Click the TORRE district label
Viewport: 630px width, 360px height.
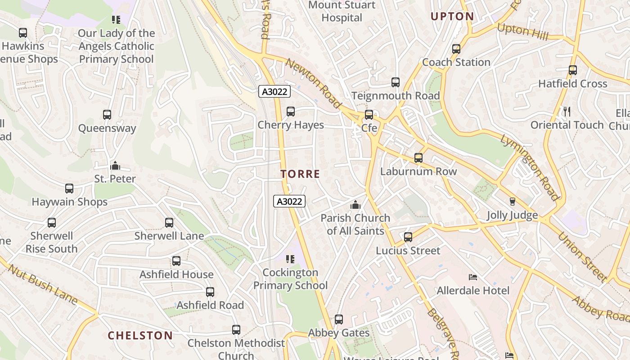point(300,174)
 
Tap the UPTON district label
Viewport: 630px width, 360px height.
point(452,17)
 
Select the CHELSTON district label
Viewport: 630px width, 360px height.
point(140,335)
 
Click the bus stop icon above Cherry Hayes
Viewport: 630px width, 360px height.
point(291,111)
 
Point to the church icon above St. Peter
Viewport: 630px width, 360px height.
point(115,166)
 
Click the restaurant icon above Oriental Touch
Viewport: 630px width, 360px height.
point(567,111)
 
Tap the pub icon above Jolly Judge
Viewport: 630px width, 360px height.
point(512,202)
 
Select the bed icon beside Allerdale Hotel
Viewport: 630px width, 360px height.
point(473,277)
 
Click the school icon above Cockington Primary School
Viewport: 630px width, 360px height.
point(290,259)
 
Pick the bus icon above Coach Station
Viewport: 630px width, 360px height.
point(456,49)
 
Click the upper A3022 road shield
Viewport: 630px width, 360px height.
point(274,92)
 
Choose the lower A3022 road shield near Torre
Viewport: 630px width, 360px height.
point(289,201)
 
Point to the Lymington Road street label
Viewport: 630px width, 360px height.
point(530,166)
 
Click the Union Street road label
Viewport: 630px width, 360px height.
point(583,256)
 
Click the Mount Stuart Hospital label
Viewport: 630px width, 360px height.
point(342,11)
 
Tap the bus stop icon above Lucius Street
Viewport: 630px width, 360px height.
point(408,237)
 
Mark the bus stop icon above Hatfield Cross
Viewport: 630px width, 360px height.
point(573,70)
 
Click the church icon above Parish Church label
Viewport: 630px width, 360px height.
point(355,205)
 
